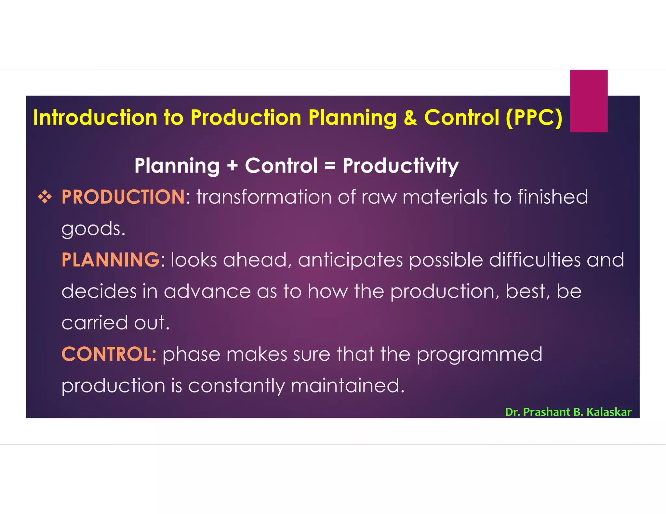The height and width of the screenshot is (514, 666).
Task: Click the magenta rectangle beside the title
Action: [589, 101]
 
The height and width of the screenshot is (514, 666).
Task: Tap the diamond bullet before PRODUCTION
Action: [45, 197]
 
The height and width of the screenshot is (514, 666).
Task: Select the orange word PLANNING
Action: [111, 260]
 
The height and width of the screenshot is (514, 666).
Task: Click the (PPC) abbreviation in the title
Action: [534, 118]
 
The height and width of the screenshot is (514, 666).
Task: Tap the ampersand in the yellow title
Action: [410, 118]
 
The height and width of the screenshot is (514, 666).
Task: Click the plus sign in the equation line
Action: [232, 166]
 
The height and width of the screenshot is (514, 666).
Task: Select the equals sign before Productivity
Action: [330, 166]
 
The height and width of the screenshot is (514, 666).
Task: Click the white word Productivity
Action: [400, 166]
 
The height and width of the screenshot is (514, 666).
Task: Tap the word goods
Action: [93, 229]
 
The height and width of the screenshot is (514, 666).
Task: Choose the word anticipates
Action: [350, 261]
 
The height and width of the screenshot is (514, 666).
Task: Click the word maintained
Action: [347, 386]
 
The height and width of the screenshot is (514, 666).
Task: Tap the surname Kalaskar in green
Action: [609, 412]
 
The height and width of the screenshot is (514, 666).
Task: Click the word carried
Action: [95, 323]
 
